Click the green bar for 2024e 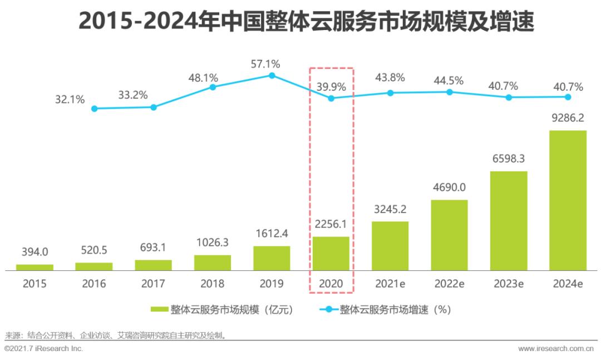(568, 200)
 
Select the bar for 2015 (35, 268)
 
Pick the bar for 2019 (272, 258)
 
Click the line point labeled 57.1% (272, 75)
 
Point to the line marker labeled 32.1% (94, 109)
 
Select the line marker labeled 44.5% (450, 92)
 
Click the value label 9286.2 (568, 119)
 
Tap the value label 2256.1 (331, 224)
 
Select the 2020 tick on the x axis (331, 284)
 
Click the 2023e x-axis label (509, 284)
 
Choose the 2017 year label (153, 284)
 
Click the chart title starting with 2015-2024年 (300, 22)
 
